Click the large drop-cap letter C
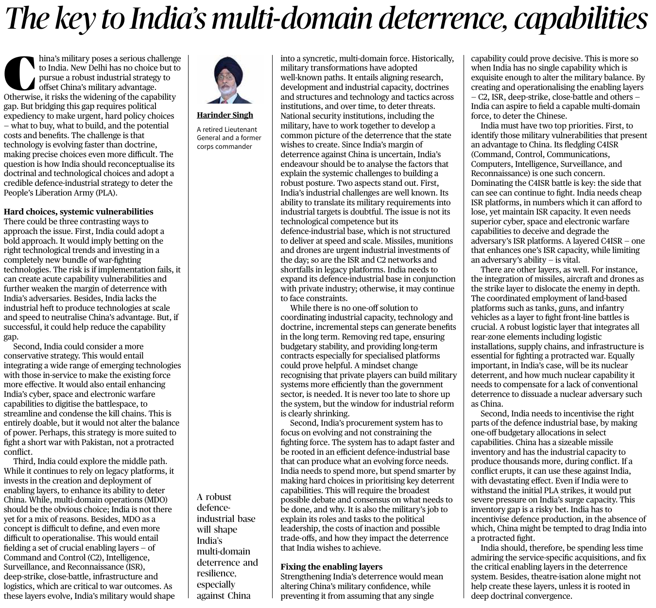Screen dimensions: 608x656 tap(19, 73)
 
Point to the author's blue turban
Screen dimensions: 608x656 tap(226, 66)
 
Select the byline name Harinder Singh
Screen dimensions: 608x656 tap(224, 115)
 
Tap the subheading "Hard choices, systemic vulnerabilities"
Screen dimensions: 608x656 tap(78, 212)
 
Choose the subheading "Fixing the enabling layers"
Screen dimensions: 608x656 tap(331, 567)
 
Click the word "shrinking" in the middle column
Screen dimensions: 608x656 tap(332, 413)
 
